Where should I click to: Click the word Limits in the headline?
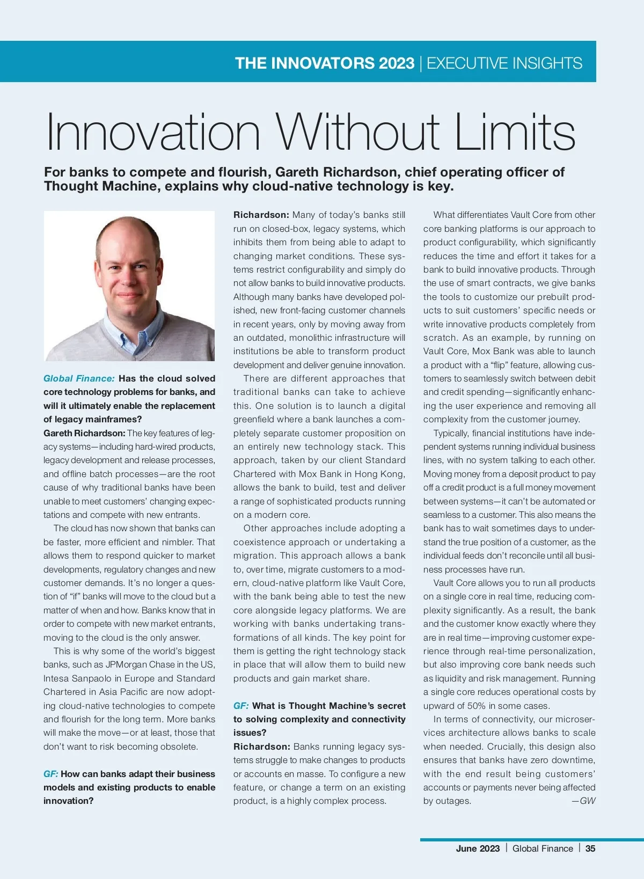click(515, 133)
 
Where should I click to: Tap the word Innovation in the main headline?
click(153, 133)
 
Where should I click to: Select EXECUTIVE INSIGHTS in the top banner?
click(504, 63)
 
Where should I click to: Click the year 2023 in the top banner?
click(397, 63)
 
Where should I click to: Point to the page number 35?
click(590, 848)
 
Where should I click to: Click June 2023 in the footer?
click(478, 848)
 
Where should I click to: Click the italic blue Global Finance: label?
click(79, 378)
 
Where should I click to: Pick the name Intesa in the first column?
click(56, 678)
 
